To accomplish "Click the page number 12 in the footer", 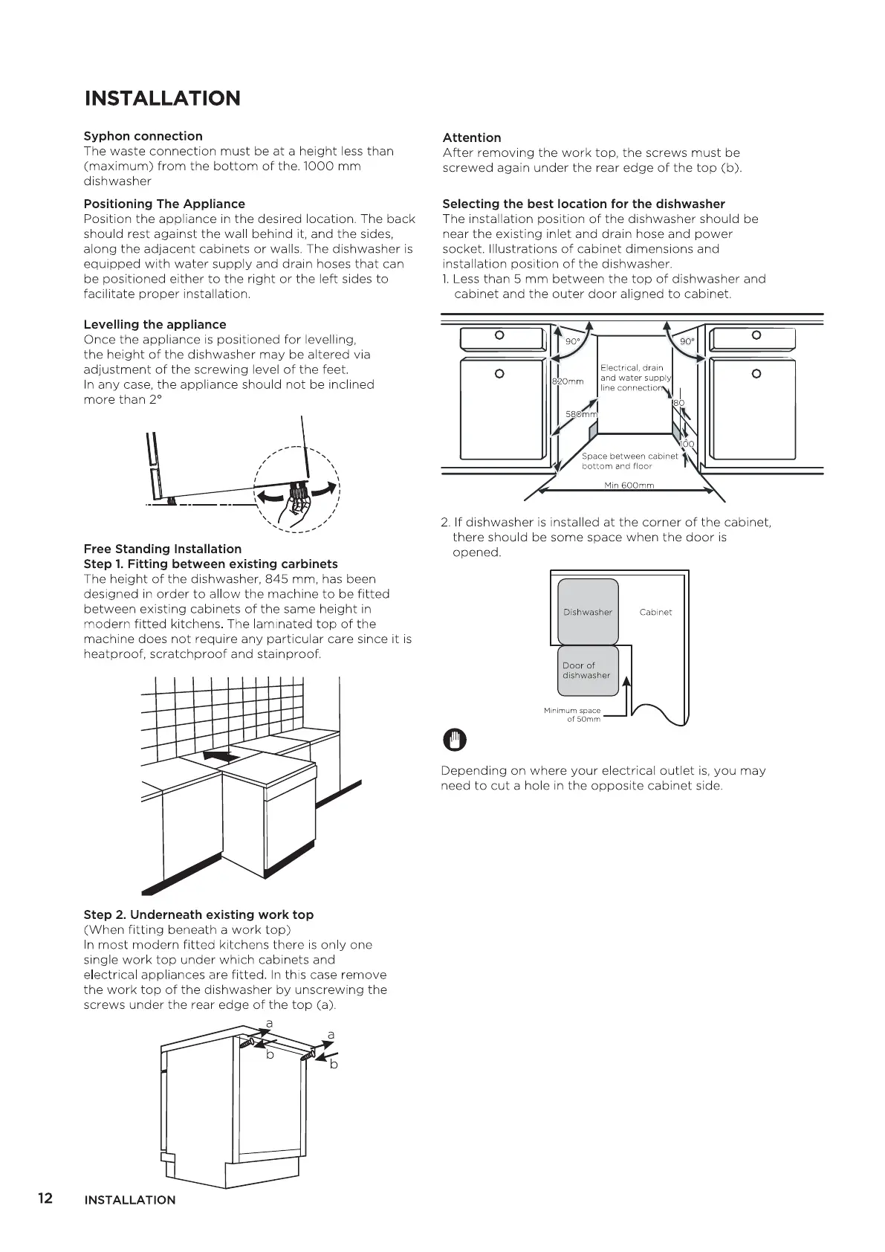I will coord(45,1198).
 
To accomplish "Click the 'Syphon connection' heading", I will coord(143,136).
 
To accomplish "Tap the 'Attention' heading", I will coord(471,138).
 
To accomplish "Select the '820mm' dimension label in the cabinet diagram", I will coord(568,381).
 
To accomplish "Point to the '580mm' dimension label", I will coord(581,414).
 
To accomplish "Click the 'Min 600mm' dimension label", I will coord(629,485).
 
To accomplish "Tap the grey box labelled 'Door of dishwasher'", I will coord(588,671).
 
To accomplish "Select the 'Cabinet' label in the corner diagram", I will coord(655,613).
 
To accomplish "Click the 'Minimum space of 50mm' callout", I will coord(572,715).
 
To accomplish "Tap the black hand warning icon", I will coord(453,740).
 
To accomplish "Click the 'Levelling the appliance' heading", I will coord(155,324).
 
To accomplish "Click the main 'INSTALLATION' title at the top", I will coord(163,98).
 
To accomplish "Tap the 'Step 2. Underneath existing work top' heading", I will coord(198,914).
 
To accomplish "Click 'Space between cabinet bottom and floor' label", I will coord(629,461).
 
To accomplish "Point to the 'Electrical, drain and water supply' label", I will coord(633,378).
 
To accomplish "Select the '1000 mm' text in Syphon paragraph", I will coord(332,167).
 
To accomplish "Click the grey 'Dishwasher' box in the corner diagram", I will coord(588,612).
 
